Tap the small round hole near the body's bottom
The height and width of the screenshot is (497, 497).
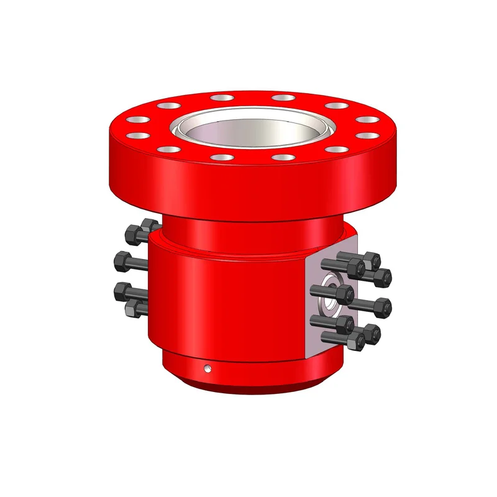[208, 368]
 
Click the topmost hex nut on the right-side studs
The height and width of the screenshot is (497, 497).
[372, 259]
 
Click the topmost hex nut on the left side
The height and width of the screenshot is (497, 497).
[149, 226]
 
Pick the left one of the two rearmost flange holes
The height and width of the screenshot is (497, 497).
[220, 98]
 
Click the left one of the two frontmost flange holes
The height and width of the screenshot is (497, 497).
[219, 157]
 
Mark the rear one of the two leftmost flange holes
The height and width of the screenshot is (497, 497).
[137, 119]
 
